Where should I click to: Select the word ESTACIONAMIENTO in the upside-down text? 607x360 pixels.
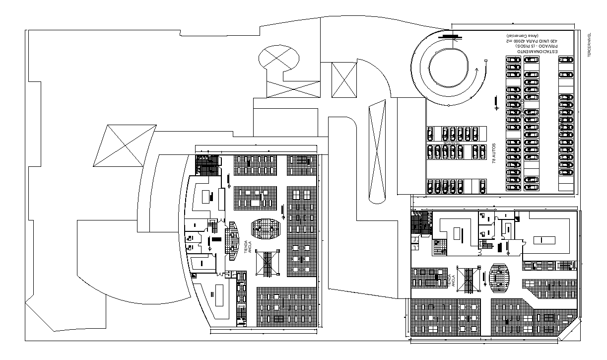(538, 51)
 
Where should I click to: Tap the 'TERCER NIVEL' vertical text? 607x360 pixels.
(589, 43)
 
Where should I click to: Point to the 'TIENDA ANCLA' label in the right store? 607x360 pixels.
(451, 281)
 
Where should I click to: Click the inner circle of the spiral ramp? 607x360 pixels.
(448, 68)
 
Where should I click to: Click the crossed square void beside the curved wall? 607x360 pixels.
(344, 80)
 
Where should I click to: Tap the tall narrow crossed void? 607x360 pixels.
(377, 150)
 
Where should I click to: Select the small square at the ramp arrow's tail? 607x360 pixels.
(486, 61)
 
